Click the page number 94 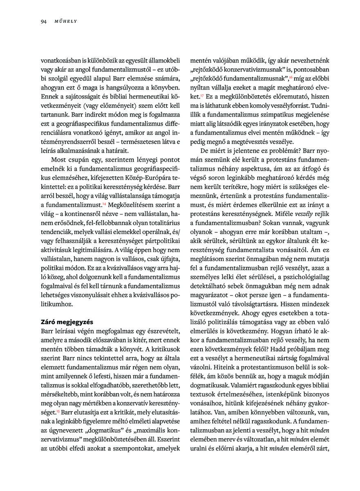point(43,21)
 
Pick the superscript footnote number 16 point(290,77)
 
